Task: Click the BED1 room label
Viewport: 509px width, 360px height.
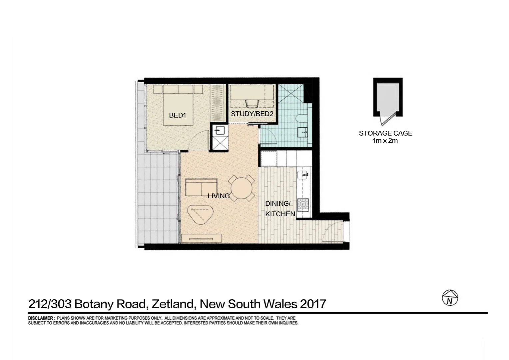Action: [x=177, y=115]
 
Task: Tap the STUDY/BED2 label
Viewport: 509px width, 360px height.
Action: [x=252, y=114]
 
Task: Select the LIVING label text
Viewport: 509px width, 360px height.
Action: [x=219, y=196]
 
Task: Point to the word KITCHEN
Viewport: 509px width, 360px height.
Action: [x=280, y=214]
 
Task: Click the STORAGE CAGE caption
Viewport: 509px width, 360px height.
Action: [x=385, y=133]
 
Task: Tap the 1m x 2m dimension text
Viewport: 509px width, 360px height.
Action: [x=385, y=141]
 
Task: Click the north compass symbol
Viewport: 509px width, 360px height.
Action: [x=450, y=298]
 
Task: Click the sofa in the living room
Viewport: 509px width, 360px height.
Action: [x=201, y=188]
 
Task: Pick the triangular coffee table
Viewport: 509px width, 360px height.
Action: [x=200, y=215]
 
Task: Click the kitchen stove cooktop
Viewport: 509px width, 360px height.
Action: [x=303, y=204]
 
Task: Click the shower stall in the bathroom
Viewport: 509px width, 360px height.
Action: [x=290, y=94]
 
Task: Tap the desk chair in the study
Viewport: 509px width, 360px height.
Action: [x=252, y=102]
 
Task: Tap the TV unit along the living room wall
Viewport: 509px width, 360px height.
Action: [x=202, y=238]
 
